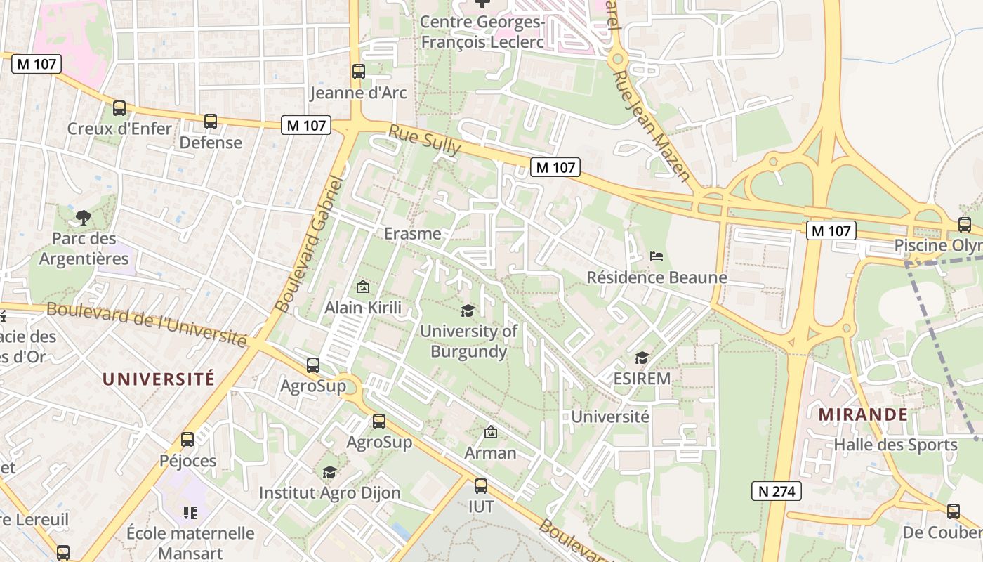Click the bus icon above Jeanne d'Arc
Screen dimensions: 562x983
pos(358,71)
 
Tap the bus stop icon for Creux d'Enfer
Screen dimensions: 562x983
pos(119,108)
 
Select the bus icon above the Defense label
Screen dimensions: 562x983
pos(211,122)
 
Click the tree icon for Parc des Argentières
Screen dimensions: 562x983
pos(84,218)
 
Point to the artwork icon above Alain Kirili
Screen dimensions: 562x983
pos(363,287)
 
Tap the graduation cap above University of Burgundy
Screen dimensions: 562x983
pos(468,310)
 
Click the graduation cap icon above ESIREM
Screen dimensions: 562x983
pos(642,358)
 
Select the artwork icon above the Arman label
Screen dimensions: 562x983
pos(491,432)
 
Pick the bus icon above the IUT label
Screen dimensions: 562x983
pos(481,485)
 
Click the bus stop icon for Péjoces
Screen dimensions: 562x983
pos(187,440)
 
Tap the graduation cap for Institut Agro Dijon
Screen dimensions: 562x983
pos(329,472)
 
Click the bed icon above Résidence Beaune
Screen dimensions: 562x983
pos(657,256)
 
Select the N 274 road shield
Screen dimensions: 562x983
pos(777,491)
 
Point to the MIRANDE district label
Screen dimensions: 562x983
pos(863,414)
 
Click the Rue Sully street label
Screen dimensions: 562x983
pos(424,140)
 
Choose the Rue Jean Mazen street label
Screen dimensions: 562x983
pos(652,126)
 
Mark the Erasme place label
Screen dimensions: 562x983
pos(413,233)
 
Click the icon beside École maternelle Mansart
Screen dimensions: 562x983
pos(190,513)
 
